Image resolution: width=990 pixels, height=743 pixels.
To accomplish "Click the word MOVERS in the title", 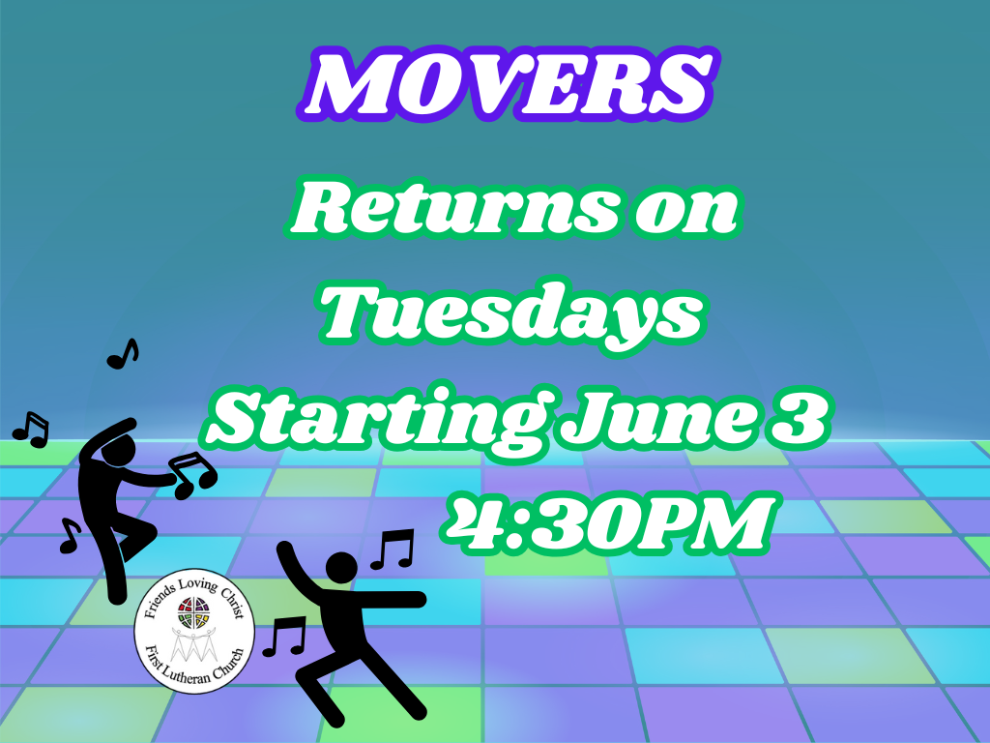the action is click(x=508, y=83).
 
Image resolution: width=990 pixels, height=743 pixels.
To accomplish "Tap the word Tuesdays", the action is click(x=511, y=316).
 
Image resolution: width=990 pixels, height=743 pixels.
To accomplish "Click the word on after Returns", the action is click(x=686, y=210).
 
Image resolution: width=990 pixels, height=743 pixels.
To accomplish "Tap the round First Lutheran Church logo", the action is click(x=194, y=631).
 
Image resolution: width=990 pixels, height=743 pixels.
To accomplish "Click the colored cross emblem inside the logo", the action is click(x=193, y=611).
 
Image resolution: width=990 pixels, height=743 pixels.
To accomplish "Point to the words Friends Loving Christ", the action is click(x=192, y=594).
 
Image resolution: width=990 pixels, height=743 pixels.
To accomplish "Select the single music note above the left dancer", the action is click(x=123, y=354).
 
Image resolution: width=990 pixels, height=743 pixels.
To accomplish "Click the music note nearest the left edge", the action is click(x=31, y=431).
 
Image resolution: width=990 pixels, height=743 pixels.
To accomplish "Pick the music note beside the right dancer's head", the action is click(x=393, y=549).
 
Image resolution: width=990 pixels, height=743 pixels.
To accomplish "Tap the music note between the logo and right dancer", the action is click(x=284, y=637).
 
